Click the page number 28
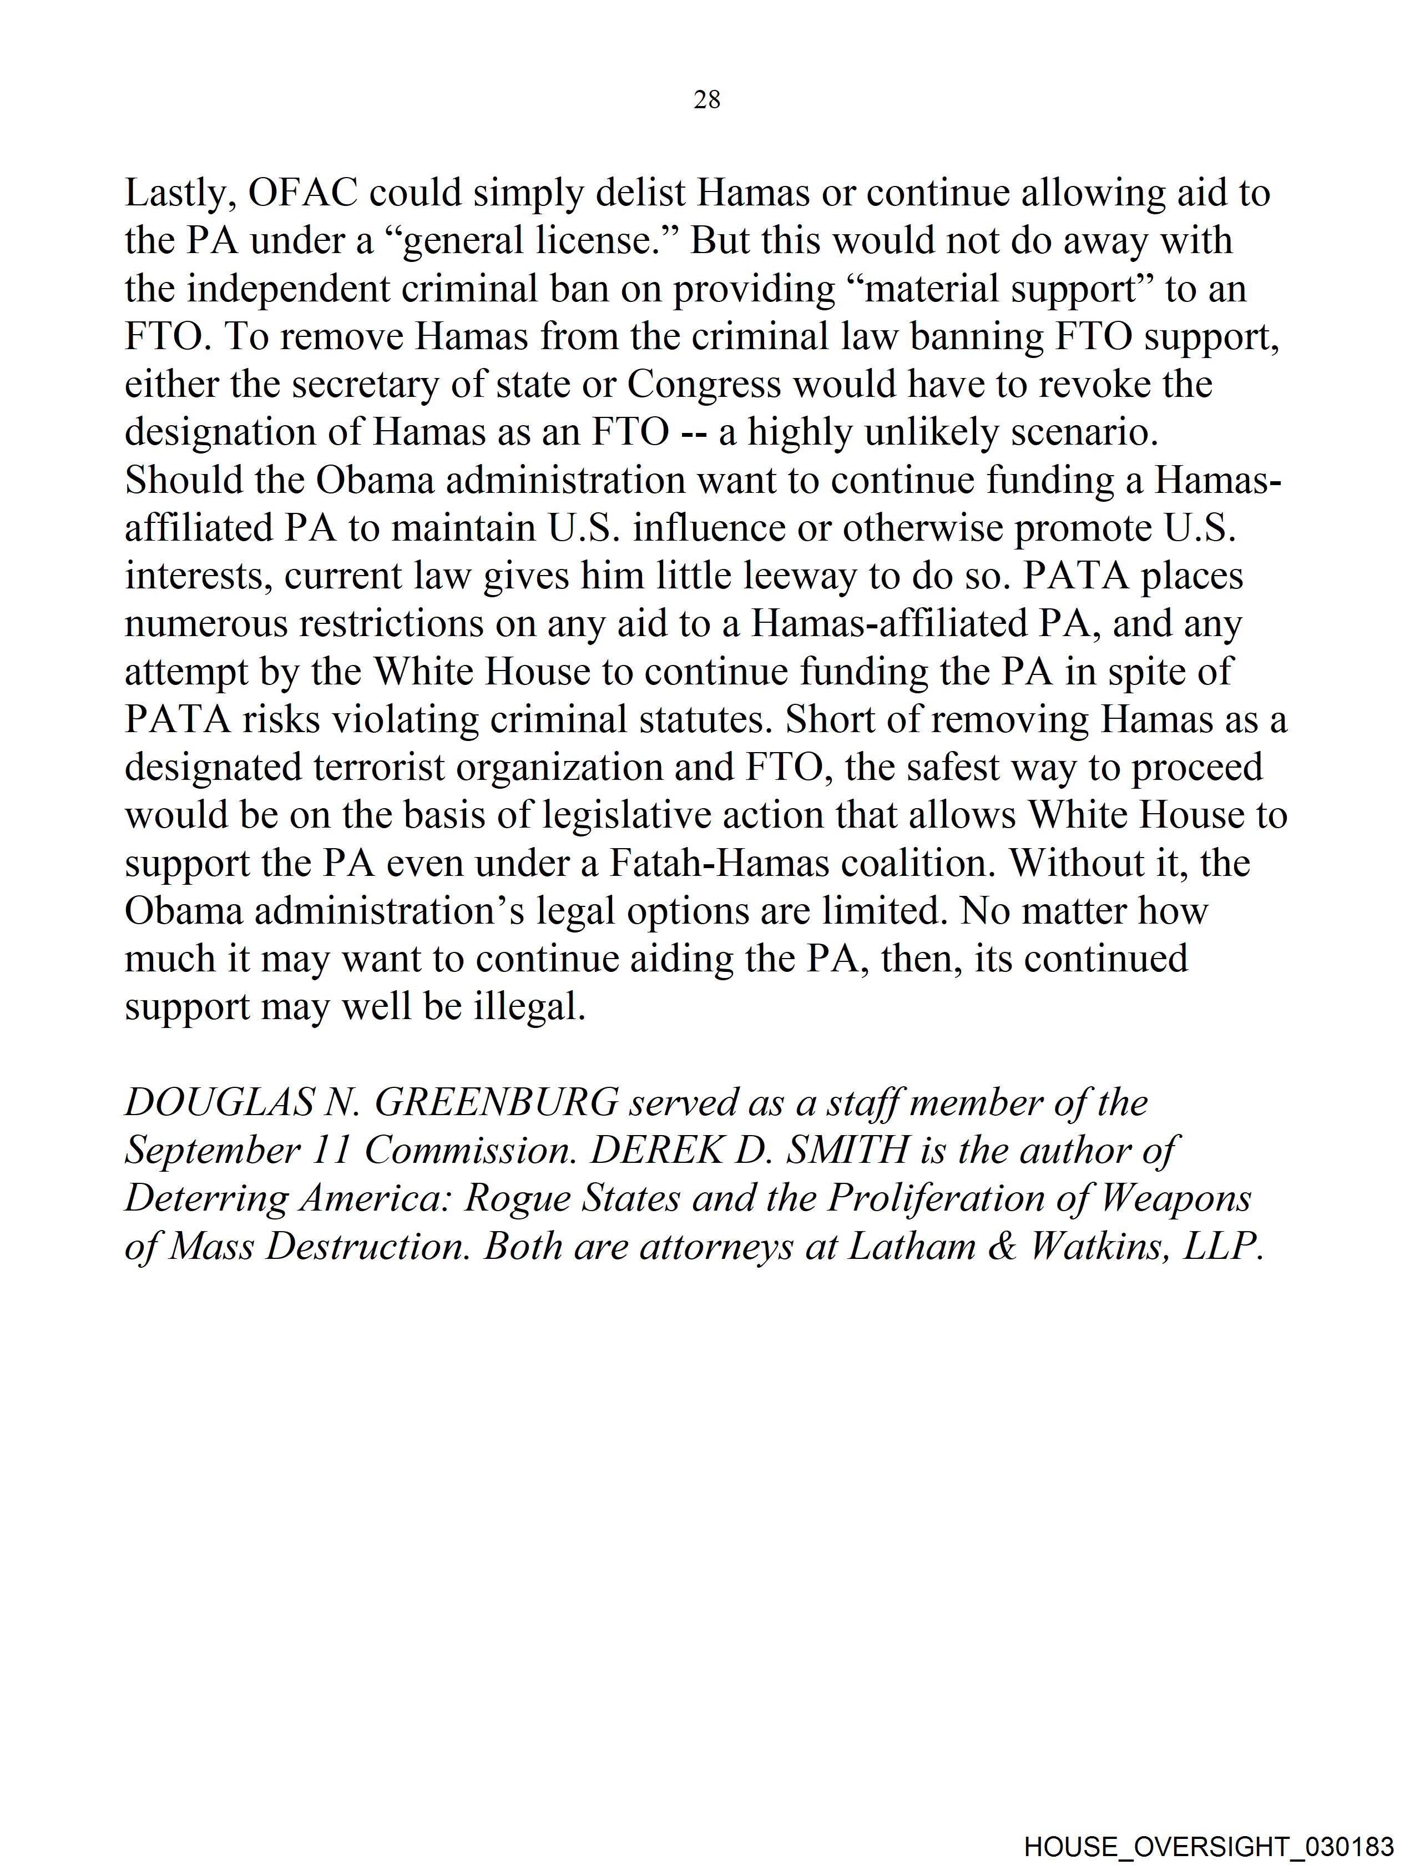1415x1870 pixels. point(706,100)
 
